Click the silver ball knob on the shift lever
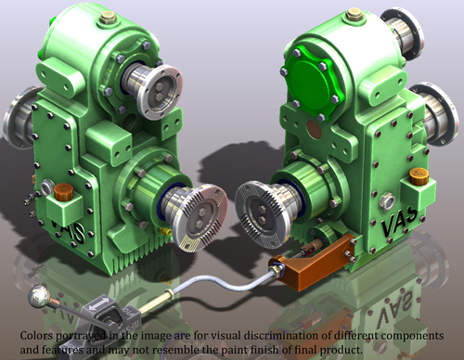click(38, 296)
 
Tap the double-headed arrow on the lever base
click(98, 303)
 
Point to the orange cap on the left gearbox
click(63, 192)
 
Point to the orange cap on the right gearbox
click(419, 176)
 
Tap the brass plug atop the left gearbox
click(108, 18)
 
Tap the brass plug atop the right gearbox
click(354, 15)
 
